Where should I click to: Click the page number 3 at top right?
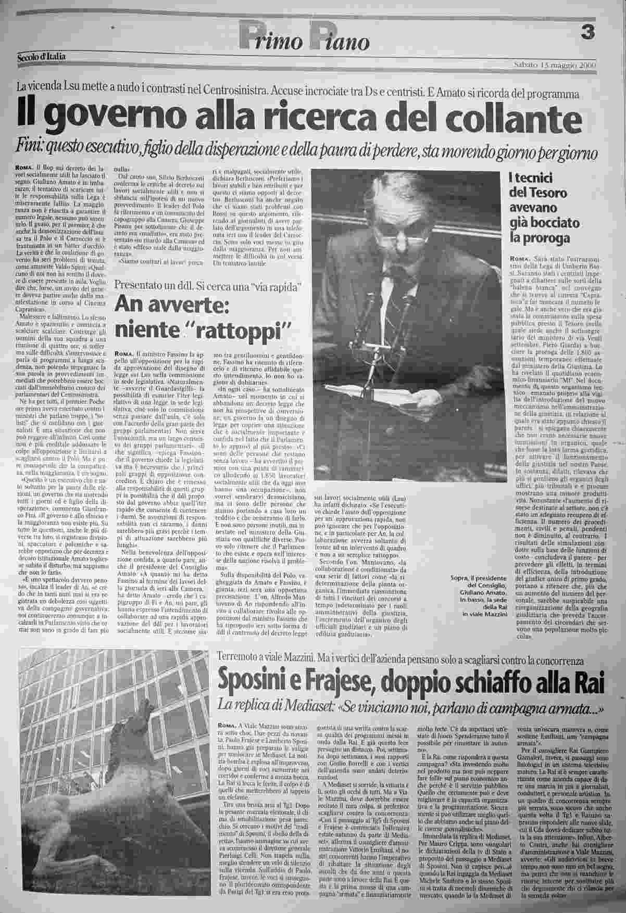(x=587, y=32)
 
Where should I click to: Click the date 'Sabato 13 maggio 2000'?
(x=554, y=65)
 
